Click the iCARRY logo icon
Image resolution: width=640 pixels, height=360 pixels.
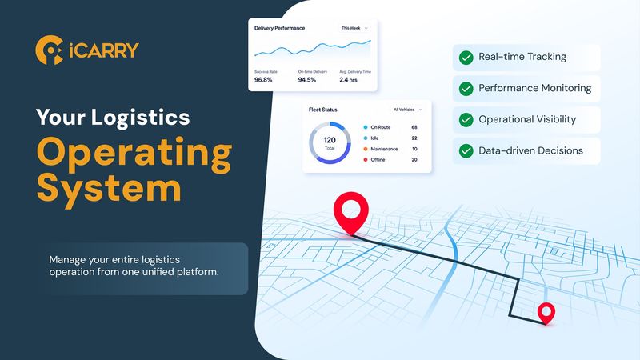(50, 50)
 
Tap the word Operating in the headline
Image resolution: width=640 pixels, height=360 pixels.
(134, 154)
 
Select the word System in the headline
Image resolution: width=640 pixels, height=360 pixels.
(109, 189)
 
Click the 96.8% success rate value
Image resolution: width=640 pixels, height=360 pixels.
(263, 79)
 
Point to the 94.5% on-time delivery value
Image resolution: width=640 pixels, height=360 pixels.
(307, 79)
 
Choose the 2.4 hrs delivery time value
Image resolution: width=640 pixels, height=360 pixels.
(348, 79)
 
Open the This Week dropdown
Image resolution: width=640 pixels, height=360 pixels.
(354, 28)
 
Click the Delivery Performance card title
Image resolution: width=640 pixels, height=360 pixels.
(279, 28)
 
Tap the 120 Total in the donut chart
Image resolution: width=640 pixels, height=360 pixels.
(330, 142)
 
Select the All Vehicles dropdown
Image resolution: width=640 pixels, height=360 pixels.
(407, 110)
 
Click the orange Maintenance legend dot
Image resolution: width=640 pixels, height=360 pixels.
(366, 149)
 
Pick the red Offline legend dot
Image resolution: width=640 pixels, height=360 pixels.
(366, 159)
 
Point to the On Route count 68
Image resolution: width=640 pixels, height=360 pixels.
(414, 127)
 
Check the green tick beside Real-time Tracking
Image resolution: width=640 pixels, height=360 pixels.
(466, 58)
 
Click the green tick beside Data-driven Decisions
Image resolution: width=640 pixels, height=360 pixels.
(466, 151)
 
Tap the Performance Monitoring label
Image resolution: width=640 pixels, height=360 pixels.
(534, 88)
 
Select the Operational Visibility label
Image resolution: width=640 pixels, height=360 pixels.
(527, 119)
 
